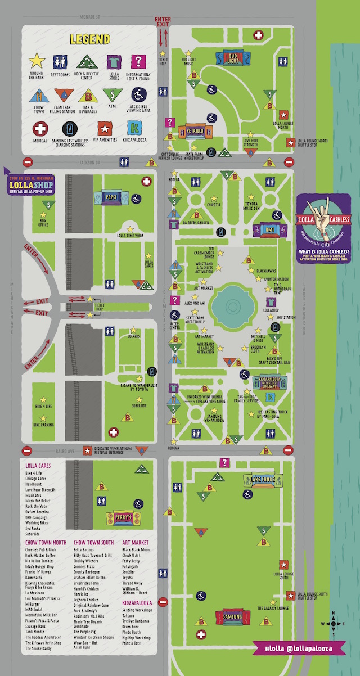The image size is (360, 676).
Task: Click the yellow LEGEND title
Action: click(90, 39)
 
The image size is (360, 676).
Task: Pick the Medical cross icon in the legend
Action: click(39, 129)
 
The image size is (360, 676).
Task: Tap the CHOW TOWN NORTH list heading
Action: click(46, 542)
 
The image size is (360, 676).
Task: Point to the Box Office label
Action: click(43, 223)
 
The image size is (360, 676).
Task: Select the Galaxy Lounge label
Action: click(273, 608)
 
